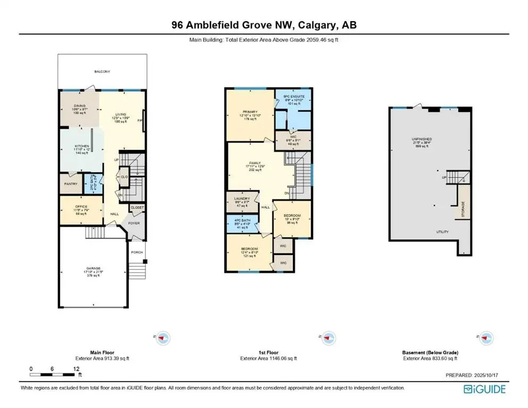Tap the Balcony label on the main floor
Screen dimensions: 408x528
point(102,71)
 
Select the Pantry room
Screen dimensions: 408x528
point(71,184)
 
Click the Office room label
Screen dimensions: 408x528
point(81,207)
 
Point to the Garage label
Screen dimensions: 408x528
point(94,268)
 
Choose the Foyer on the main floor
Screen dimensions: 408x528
point(134,223)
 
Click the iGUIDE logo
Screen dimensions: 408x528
point(484,389)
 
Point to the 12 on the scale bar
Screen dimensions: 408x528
point(77,369)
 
